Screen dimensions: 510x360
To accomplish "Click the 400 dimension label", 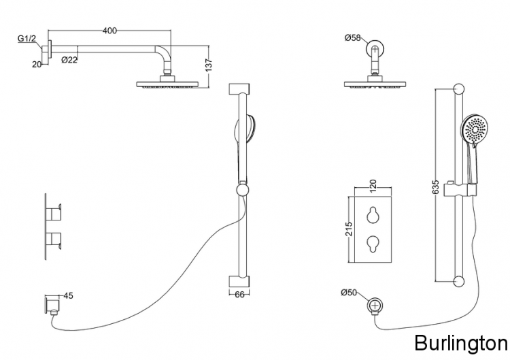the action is pyautogui.click(x=109, y=31).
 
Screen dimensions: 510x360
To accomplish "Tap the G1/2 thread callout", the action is pyautogui.click(x=27, y=39).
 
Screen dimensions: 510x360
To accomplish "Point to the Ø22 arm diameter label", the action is pyautogui.click(x=69, y=60).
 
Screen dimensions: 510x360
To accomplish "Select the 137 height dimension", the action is pyautogui.click(x=209, y=65).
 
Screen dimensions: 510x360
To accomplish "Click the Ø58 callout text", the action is pyautogui.click(x=352, y=37).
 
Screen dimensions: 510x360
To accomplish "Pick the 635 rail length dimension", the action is pyautogui.click(x=436, y=187).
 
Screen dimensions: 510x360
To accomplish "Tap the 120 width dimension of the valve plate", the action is pyautogui.click(x=373, y=186).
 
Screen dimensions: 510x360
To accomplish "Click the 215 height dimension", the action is pyautogui.click(x=348, y=229).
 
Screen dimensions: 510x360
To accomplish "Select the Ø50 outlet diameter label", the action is pyautogui.click(x=349, y=293).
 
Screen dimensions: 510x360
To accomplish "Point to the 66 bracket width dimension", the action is pyautogui.click(x=239, y=295).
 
